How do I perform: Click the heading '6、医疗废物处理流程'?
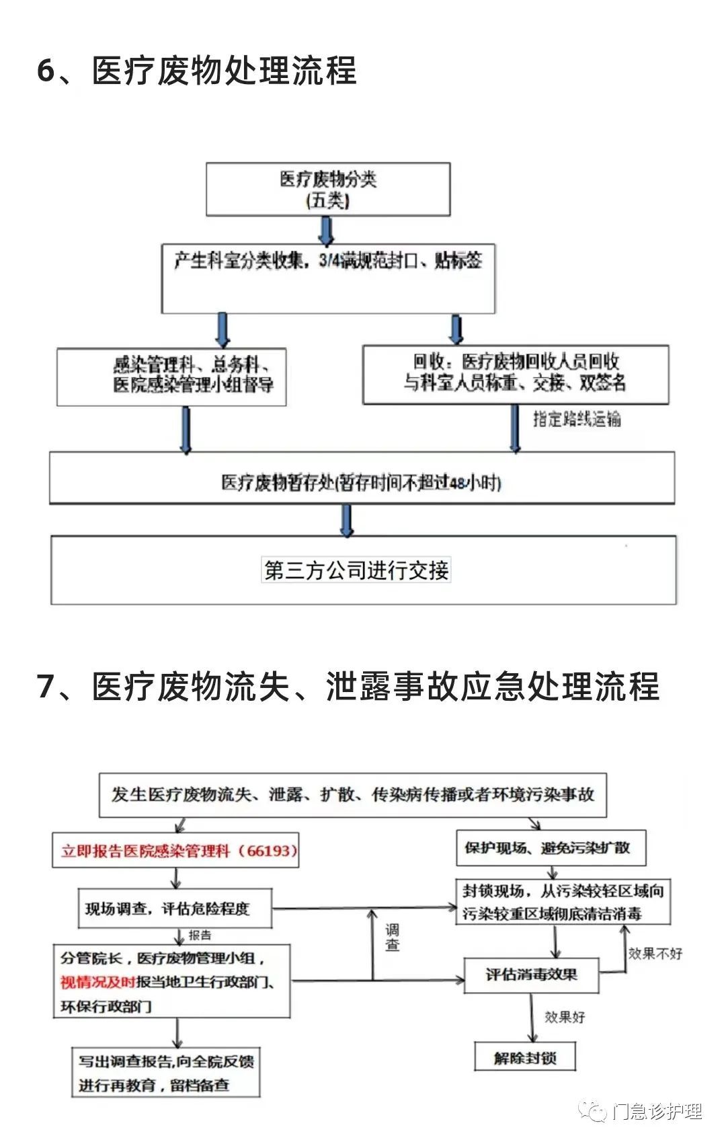tap(196, 71)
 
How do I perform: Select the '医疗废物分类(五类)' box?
tap(328, 189)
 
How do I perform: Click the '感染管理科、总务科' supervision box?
tap(172, 377)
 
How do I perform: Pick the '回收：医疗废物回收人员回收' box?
tap(516, 373)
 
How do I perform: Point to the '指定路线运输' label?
tap(577, 419)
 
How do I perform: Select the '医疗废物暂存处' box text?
tap(362, 482)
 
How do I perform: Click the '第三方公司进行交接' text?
tap(356, 570)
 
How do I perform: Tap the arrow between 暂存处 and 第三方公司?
tap(347, 520)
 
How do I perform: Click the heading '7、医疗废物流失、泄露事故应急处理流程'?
tap(348, 687)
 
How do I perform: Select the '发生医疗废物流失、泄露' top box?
tap(353, 795)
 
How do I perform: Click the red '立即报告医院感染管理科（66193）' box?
tap(176, 851)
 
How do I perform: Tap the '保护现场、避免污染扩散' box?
tap(551, 848)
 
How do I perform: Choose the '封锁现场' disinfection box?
tap(563, 902)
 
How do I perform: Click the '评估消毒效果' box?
tap(532, 975)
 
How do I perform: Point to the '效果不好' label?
tap(655, 953)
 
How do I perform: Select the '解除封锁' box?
tap(525, 1058)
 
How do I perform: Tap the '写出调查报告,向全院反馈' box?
tap(166, 1072)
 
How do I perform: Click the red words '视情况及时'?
tap(97, 982)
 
